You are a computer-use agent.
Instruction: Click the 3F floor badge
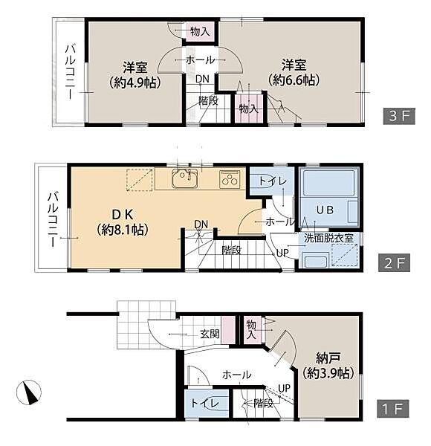point(399,116)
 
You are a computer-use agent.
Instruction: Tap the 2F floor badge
point(394,263)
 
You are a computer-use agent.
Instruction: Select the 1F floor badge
point(393,409)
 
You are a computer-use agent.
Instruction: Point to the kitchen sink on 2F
point(185,178)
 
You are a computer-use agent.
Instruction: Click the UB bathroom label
point(325,210)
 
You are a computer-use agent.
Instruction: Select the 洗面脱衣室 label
point(328,238)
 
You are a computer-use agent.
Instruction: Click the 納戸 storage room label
point(328,366)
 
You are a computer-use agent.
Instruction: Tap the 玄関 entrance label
point(210,334)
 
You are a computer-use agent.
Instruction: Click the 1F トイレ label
point(205,403)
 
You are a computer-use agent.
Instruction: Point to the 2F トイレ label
point(273,181)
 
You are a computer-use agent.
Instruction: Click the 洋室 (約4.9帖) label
point(135,74)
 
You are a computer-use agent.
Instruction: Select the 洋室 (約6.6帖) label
point(294,72)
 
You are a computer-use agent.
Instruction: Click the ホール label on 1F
point(237,375)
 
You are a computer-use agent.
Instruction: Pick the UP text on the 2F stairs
point(283,253)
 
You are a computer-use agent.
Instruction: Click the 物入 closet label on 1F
point(251,329)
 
